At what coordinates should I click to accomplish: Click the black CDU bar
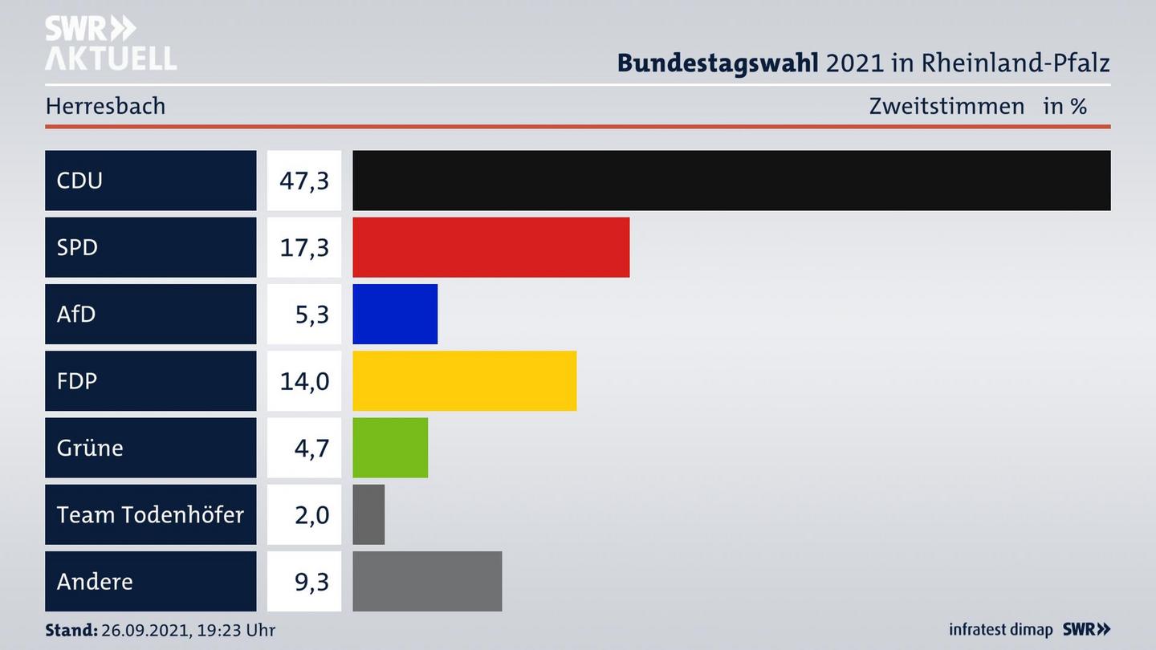pyautogui.click(x=731, y=181)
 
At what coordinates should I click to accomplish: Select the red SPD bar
pyautogui.click(x=490, y=247)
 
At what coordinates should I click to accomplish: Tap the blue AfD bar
pyautogui.click(x=395, y=314)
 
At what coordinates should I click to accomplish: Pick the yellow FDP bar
pyautogui.click(x=464, y=380)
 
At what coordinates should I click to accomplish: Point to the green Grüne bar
pyautogui.click(x=390, y=447)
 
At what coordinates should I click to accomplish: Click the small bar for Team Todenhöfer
pyautogui.click(x=368, y=514)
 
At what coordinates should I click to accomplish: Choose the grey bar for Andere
pyautogui.click(x=427, y=581)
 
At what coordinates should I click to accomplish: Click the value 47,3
pyautogui.click(x=304, y=181)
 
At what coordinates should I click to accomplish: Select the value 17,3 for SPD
pyautogui.click(x=304, y=247)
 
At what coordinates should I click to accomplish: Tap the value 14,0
pyautogui.click(x=304, y=380)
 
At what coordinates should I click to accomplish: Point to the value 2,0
pyautogui.click(x=311, y=514)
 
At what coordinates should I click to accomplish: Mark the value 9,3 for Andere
pyautogui.click(x=311, y=581)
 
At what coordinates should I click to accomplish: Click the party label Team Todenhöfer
pyautogui.click(x=150, y=514)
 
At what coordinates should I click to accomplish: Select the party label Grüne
pyautogui.click(x=90, y=447)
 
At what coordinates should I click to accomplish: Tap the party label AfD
pyautogui.click(x=76, y=314)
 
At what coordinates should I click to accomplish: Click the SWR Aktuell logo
pyautogui.click(x=110, y=43)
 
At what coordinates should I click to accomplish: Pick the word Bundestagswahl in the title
pyautogui.click(x=718, y=63)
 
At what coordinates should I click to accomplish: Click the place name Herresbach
pyautogui.click(x=105, y=106)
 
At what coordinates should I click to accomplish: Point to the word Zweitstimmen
pyautogui.click(x=946, y=106)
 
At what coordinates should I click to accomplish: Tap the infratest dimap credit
pyautogui.click(x=1000, y=630)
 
